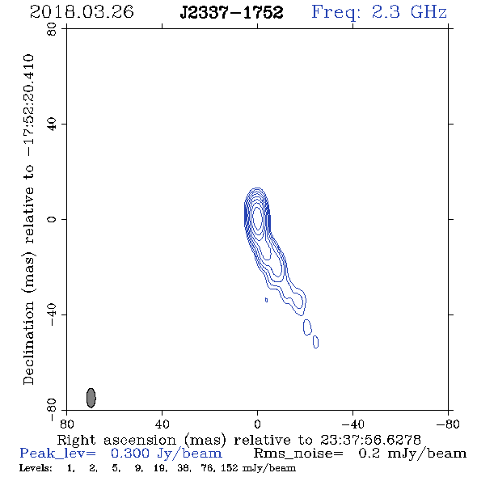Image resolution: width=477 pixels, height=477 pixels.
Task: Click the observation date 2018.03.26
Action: pyautogui.click(x=82, y=12)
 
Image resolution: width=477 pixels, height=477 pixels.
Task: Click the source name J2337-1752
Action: pyautogui.click(x=231, y=12)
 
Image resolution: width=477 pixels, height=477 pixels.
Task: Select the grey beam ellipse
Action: pyautogui.click(x=91, y=398)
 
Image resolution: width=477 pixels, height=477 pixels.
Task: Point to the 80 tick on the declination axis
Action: pyautogui.click(x=52, y=29)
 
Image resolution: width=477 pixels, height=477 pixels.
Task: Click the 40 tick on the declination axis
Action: pyautogui.click(x=52, y=125)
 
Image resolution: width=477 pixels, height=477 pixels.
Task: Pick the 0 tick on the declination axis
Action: pyautogui.click(x=52, y=219)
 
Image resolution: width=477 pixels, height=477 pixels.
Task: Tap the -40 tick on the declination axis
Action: pyautogui.click(x=52, y=314)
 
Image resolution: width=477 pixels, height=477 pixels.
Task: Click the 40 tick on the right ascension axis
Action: pyautogui.click(x=162, y=424)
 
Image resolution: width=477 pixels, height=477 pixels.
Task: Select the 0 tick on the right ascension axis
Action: pyautogui.click(x=257, y=424)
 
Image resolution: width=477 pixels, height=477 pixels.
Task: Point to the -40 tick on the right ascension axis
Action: pyautogui.click(x=352, y=424)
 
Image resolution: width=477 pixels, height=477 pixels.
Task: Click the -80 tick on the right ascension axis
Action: pyautogui.click(x=448, y=424)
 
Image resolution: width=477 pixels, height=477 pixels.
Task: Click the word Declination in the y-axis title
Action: pyautogui.click(x=28, y=343)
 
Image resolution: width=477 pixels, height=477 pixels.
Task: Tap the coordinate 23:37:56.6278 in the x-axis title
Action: pyautogui.click(x=370, y=440)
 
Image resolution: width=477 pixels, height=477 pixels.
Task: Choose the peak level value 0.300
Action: pyautogui.click(x=130, y=454)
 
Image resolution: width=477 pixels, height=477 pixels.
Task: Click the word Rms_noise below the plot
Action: pyautogui.click(x=298, y=454)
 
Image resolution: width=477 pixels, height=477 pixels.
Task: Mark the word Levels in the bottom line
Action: pyautogui.click(x=36, y=468)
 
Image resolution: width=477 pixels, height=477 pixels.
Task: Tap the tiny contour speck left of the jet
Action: pyautogui.click(x=266, y=300)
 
